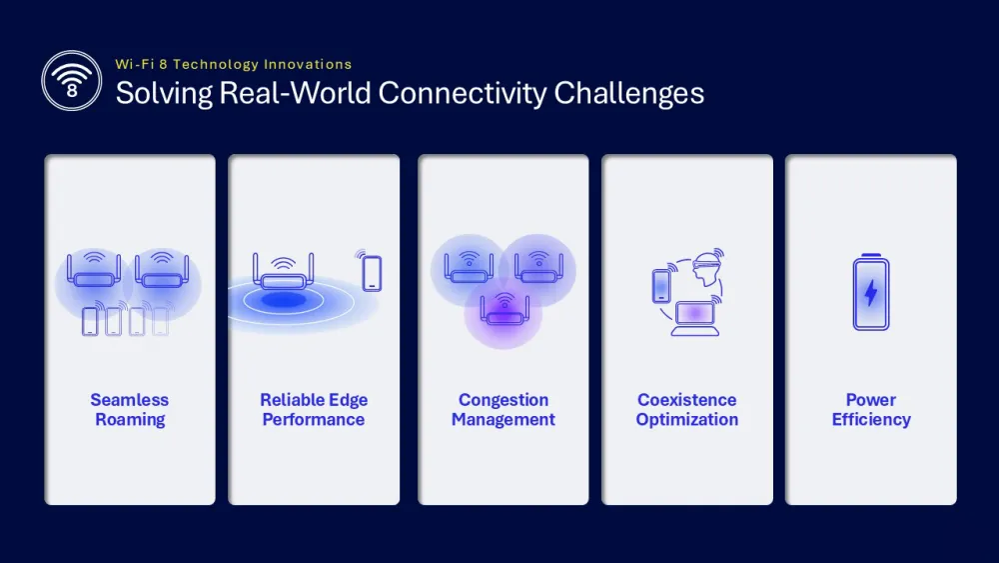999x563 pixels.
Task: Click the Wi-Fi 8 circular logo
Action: tap(71, 81)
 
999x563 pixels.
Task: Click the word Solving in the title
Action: tap(164, 94)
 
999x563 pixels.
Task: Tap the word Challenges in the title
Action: tap(628, 94)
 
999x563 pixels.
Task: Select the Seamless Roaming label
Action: tap(129, 409)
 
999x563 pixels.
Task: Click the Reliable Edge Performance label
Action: tap(314, 409)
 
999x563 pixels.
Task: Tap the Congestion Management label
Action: tap(503, 409)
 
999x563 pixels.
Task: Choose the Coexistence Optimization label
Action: tap(687, 409)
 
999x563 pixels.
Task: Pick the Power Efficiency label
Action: tap(871, 409)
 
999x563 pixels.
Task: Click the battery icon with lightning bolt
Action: tap(871, 292)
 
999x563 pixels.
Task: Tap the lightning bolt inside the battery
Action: tap(871, 293)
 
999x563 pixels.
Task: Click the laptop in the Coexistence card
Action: tap(695, 318)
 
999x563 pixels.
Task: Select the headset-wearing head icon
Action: tap(708, 269)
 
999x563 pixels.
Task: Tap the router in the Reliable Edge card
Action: tap(284, 272)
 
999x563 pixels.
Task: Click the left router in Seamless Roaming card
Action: tap(94, 270)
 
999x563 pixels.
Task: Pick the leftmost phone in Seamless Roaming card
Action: tap(91, 321)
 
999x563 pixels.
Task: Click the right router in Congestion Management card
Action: tap(538, 267)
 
